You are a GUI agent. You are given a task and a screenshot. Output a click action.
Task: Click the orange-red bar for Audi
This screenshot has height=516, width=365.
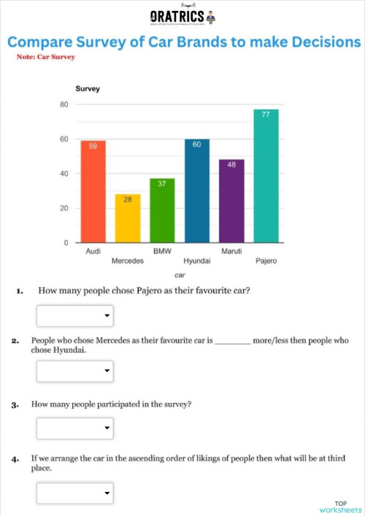click(93, 192)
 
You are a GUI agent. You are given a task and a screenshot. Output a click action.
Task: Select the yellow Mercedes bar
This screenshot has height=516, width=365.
click(128, 219)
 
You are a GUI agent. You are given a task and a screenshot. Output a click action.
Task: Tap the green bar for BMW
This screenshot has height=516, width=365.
click(162, 211)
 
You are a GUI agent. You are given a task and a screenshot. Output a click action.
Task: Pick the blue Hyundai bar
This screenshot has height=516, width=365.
click(197, 191)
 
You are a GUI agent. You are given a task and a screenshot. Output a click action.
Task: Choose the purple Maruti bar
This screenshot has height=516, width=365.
click(231, 201)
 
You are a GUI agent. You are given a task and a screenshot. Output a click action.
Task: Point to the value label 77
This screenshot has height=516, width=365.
click(266, 114)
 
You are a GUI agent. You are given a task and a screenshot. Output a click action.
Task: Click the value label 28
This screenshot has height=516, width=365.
click(128, 198)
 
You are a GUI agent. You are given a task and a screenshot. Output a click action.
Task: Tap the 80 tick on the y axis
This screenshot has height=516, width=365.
click(64, 105)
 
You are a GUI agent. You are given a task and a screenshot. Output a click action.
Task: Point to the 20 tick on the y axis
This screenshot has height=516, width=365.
click(64, 208)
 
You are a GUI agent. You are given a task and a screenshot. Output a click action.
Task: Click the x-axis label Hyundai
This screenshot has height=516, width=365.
click(197, 260)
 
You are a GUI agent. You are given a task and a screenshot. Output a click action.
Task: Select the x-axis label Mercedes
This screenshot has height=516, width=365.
click(128, 260)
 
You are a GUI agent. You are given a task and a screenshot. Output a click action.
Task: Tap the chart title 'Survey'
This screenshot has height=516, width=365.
click(88, 89)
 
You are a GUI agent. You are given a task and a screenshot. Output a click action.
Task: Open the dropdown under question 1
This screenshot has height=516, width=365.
click(75, 316)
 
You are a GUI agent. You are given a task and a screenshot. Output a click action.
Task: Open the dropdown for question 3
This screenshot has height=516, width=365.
click(75, 427)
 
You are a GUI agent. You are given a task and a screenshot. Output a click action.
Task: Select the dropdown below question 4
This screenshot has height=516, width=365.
click(75, 494)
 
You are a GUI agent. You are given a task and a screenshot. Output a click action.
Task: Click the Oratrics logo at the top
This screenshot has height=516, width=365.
click(182, 17)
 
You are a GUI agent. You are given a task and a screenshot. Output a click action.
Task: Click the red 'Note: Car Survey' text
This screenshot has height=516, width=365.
click(45, 56)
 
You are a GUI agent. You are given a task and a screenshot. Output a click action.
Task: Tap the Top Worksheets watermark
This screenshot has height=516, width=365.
click(340, 507)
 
